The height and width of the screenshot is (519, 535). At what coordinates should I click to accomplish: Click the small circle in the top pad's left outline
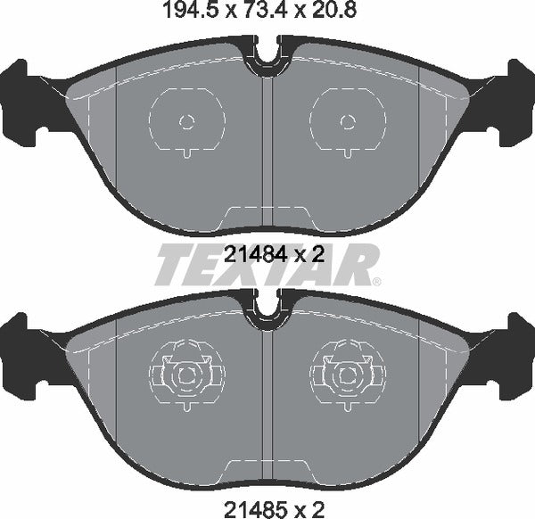[x=185, y=122]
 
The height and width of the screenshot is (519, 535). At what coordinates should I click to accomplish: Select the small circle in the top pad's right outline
[x=348, y=122]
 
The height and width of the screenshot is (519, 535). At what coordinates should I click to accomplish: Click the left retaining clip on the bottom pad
[x=185, y=375]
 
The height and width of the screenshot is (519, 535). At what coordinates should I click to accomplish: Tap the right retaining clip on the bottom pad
[x=348, y=375]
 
